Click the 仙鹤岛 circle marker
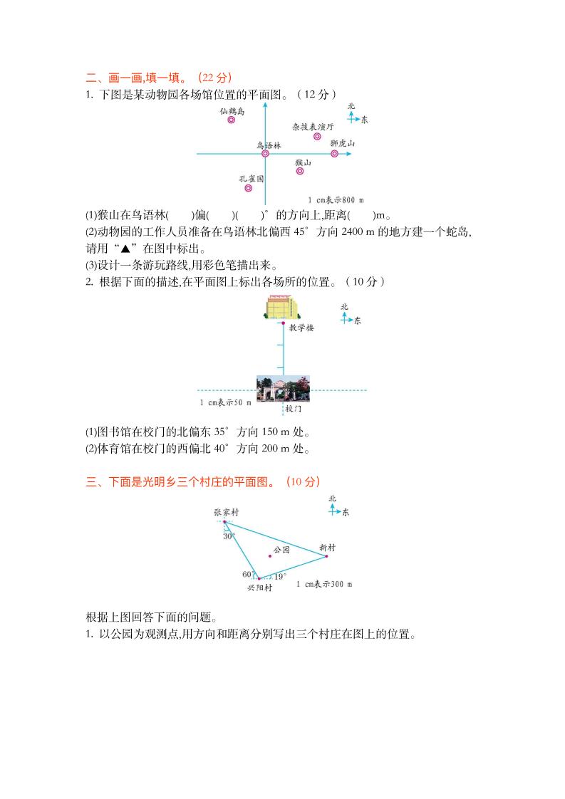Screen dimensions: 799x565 (x=231, y=120)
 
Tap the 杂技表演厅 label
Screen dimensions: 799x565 (x=313, y=126)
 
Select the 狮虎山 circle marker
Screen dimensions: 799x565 (x=334, y=153)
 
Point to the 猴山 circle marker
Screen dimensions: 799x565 (x=300, y=171)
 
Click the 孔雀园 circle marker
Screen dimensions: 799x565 (x=248, y=188)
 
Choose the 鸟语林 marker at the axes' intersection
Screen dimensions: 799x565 (x=265, y=153)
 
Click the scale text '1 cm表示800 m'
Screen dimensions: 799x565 (x=336, y=200)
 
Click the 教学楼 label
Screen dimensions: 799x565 (x=301, y=328)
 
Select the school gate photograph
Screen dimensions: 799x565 (x=283, y=390)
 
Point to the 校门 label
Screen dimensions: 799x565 (x=293, y=409)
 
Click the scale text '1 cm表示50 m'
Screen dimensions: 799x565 (x=225, y=403)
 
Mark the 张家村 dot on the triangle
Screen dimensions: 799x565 (x=224, y=521)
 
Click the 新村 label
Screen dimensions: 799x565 (x=327, y=548)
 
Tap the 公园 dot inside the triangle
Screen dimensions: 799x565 (x=270, y=556)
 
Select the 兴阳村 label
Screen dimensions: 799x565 (x=259, y=588)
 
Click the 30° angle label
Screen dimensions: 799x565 (x=229, y=537)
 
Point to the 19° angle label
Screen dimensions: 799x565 (x=280, y=576)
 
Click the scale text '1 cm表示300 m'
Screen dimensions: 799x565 (x=324, y=584)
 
